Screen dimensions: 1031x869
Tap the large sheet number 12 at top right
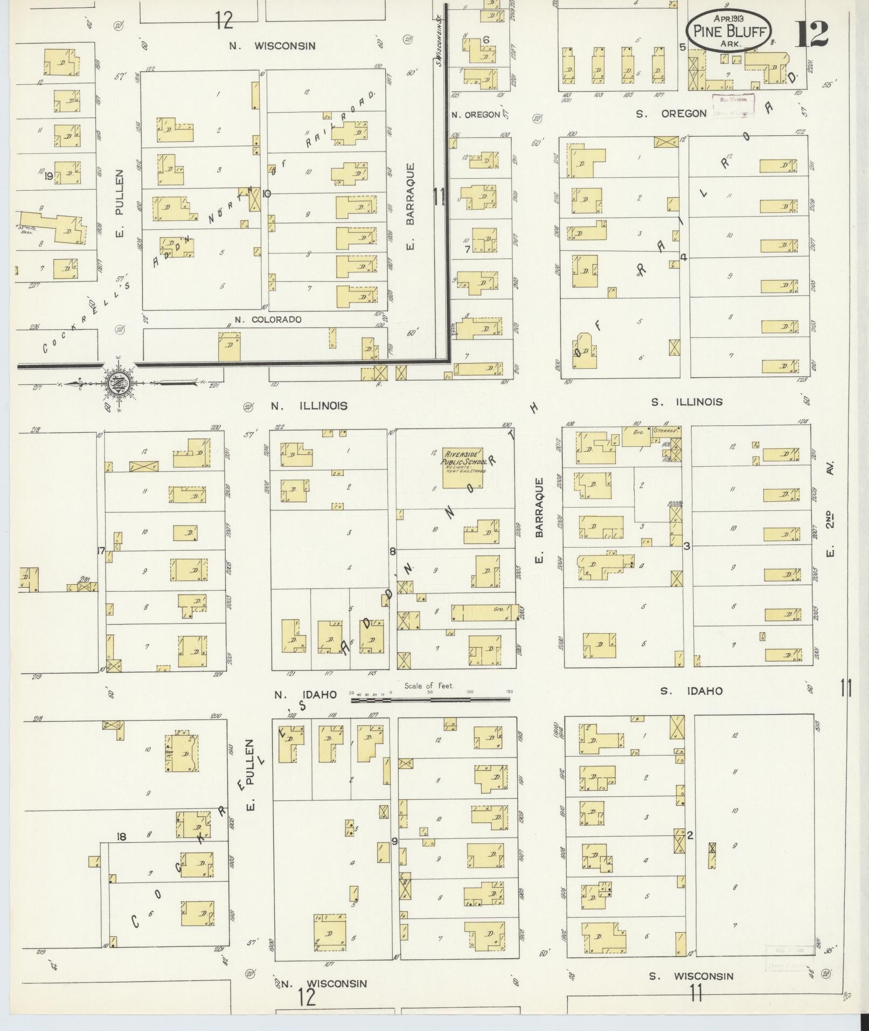point(811,34)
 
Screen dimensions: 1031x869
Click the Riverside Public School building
point(463,468)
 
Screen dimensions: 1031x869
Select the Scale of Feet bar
point(430,700)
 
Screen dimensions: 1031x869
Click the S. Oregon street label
point(670,114)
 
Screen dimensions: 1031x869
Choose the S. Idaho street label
point(691,691)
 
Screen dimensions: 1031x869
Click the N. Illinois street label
point(309,406)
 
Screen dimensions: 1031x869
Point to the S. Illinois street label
point(687,402)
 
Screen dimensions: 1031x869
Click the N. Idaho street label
point(305,695)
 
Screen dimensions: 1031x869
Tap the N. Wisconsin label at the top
point(272,46)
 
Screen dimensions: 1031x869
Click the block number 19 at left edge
point(49,175)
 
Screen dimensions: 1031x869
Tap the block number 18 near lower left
point(122,836)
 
